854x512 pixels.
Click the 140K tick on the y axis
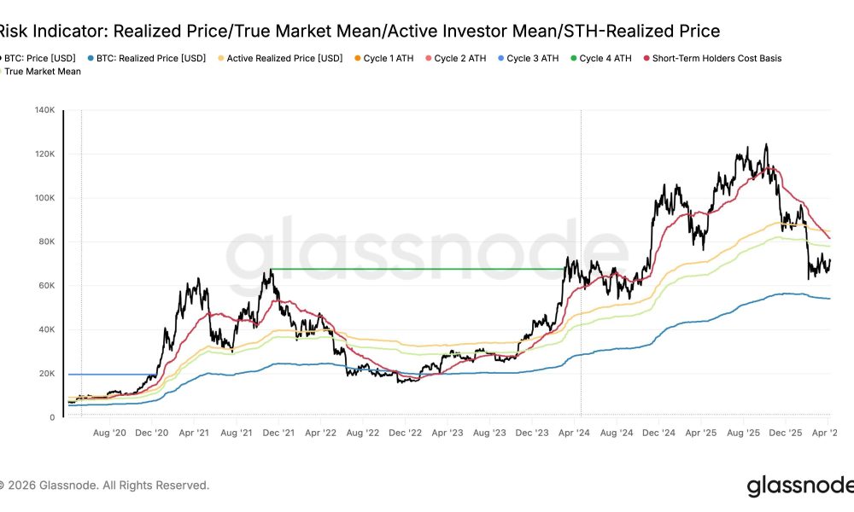click(x=44, y=110)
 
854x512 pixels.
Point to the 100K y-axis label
click(x=44, y=198)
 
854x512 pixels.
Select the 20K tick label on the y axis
click(x=47, y=374)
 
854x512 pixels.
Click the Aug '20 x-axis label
click(x=109, y=433)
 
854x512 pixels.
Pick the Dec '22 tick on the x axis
click(x=404, y=433)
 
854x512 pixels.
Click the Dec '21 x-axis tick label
click(x=278, y=433)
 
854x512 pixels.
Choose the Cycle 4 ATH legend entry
click(x=605, y=58)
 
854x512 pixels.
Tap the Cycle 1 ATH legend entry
click(x=388, y=58)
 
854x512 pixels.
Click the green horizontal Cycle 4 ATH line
click(x=418, y=270)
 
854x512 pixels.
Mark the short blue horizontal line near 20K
click(x=111, y=374)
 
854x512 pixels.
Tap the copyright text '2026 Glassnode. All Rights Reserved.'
click(x=107, y=486)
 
